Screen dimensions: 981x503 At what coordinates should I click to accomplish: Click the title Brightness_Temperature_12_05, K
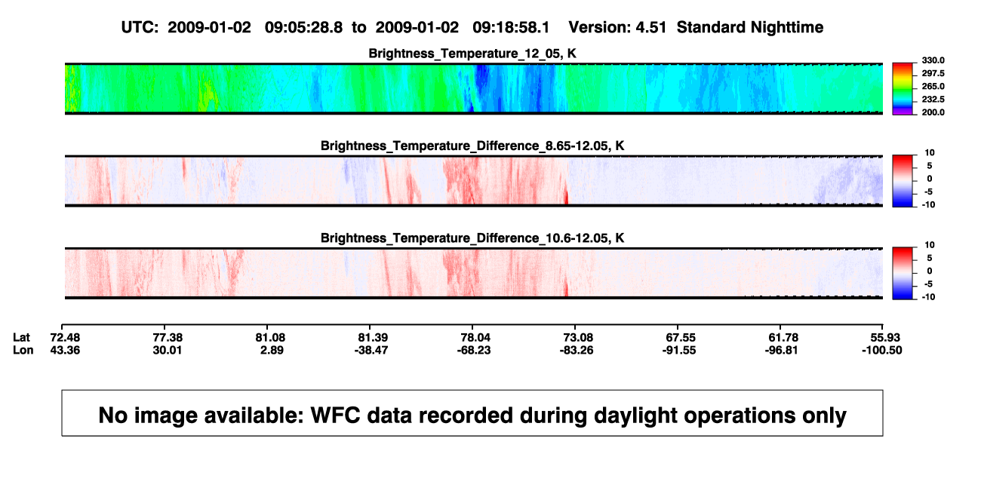point(472,54)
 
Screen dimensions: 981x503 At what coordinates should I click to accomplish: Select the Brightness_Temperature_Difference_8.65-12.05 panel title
point(472,146)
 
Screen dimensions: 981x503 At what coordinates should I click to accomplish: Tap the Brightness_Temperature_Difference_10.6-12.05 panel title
point(472,238)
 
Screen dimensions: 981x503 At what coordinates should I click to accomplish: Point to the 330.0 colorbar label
point(933,60)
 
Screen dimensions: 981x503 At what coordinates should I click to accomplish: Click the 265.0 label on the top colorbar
point(933,86)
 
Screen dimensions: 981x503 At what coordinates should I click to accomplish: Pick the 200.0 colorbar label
point(933,112)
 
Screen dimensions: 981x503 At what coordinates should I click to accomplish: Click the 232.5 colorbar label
point(933,100)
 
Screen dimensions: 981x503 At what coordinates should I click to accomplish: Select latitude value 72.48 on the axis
point(65,338)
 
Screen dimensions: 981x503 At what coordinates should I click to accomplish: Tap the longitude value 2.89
point(272,350)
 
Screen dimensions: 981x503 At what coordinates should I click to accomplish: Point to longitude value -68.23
point(473,350)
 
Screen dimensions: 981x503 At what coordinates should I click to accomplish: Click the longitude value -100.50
point(881,350)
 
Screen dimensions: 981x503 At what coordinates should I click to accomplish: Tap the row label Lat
point(21,338)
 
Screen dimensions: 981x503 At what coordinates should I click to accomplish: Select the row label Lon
point(23,350)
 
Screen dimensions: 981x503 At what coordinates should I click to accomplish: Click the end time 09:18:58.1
point(511,28)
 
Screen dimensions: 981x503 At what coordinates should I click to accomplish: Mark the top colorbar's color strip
point(903,89)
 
